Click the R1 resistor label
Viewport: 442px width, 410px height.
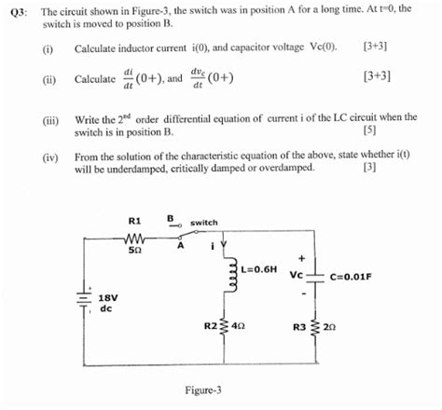pyautogui.click(x=133, y=221)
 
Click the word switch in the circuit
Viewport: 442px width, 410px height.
pyautogui.click(x=203, y=223)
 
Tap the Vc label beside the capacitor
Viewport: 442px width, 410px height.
pyautogui.click(x=297, y=276)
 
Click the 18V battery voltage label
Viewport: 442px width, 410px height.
pyautogui.click(x=107, y=298)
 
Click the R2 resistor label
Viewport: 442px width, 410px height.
pyautogui.click(x=210, y=326)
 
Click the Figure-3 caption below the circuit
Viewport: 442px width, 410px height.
pyautogui.click(x=203, y=390)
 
